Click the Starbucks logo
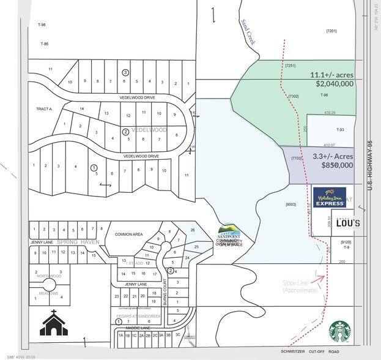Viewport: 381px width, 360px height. pos(344,332)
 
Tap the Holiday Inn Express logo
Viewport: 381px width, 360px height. pos(330,198)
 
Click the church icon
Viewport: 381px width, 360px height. pos(54,323)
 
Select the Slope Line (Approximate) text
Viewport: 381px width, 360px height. pos(300,286)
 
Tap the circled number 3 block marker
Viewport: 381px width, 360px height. pos(125,72)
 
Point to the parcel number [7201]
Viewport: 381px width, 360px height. pos(332,31)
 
